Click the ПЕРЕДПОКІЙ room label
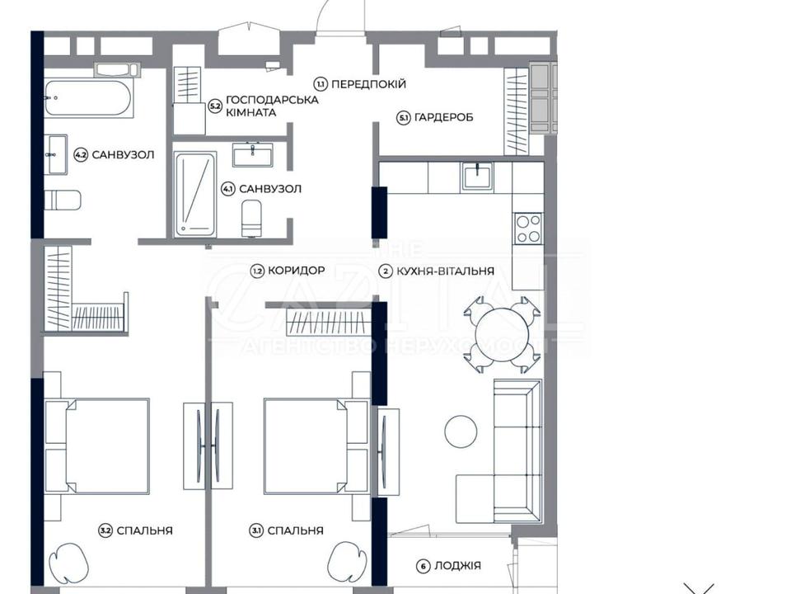point(369,84)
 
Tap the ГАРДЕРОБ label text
point(443,118)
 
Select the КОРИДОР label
point(296,271)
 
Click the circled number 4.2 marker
point(80,154)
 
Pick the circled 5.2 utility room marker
point(215,106)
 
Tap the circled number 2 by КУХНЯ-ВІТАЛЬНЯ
point(386,271)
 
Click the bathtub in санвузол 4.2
point(88,98)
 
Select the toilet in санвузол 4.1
point(251,218)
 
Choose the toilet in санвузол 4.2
point(63,200)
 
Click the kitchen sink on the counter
point(478,176)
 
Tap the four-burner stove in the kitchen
point(527,229)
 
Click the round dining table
point(503,334)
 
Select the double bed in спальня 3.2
point(97,445)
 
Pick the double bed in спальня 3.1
point(316,445)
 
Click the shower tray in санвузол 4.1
point(194,195)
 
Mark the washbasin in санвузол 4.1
point(253,155)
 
